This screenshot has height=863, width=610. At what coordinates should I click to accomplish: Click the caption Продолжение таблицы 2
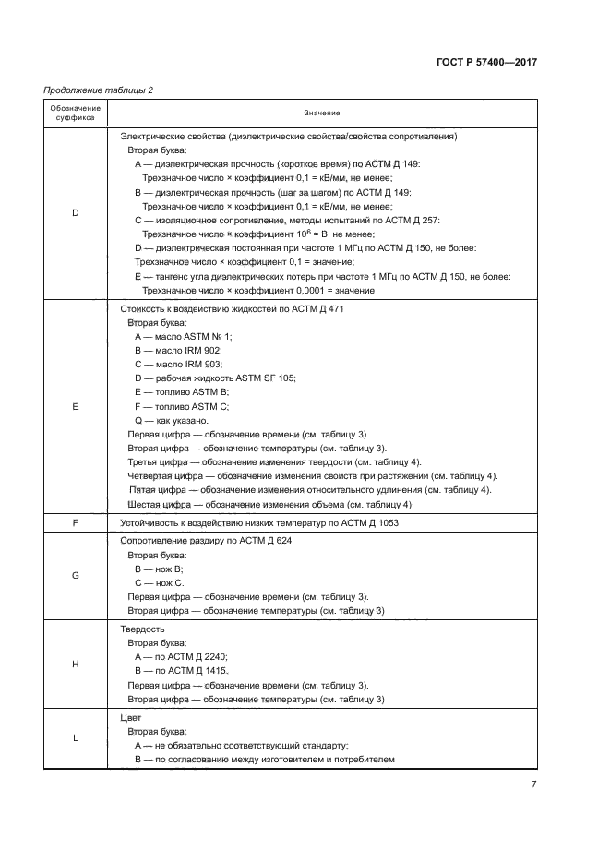(99, 90)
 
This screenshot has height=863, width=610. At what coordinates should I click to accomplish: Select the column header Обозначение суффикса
(76, 114)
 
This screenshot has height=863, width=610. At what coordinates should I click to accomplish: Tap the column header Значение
(323, 114)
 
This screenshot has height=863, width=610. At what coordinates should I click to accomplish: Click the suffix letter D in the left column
(76, 213)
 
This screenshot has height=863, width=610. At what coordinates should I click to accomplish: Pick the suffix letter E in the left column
(76, 406)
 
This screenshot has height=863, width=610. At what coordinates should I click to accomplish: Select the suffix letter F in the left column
(76, 523)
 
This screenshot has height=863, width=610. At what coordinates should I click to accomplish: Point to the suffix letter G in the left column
(76, 575)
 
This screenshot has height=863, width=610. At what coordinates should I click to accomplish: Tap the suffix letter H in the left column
(76, 664)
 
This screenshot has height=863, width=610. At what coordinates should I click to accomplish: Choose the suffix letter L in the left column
(76, 737)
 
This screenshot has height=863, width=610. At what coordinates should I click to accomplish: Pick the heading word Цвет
(131, 716)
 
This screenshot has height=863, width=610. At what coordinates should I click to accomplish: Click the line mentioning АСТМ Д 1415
(182, 671)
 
